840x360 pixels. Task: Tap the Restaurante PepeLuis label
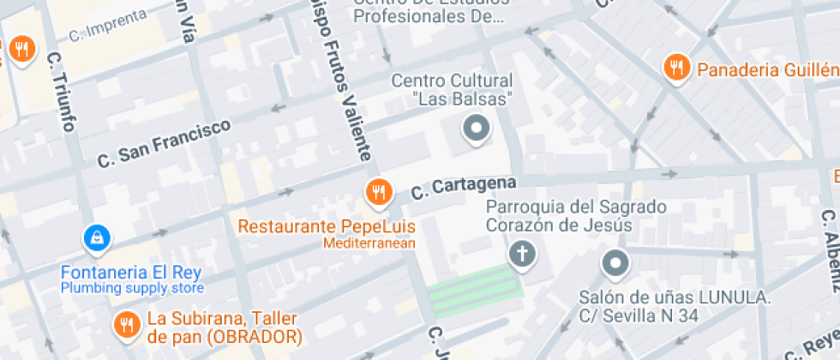click(326, 227)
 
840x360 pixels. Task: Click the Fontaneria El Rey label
click(130, 273)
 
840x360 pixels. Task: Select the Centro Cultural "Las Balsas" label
click(452, 89)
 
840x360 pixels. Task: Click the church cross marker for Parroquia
click(520, 254)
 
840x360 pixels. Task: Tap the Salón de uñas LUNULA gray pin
click(615, 263)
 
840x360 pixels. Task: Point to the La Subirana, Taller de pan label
click(225, 327)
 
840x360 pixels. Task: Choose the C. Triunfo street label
click(63, 91)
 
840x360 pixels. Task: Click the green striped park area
click(474, 289)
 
